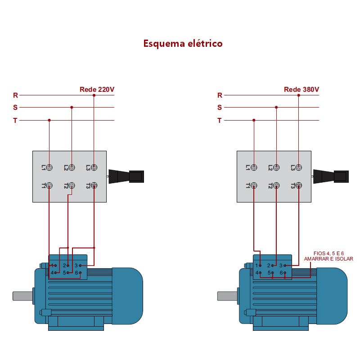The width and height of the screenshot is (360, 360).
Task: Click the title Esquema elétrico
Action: tap(183, 44)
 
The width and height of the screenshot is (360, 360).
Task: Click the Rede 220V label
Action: tap(97, 90)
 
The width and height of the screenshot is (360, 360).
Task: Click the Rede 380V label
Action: tap(301, 90)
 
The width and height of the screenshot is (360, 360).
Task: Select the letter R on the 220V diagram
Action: tap(15, 95)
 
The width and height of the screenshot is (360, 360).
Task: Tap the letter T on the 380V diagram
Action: tap(220, 121)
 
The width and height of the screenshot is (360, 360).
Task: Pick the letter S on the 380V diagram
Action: tap(220, 108)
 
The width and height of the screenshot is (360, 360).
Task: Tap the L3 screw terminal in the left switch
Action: tap(94, 167)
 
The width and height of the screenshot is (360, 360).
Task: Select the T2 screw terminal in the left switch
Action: tap(72, 185)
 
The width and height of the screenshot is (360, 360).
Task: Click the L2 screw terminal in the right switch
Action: tap(276, 167)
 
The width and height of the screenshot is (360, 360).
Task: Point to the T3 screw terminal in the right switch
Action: tap(299, 185)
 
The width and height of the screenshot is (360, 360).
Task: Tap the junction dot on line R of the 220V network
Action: tap(94, 95)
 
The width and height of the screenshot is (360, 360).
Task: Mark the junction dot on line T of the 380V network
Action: tap(254, 120)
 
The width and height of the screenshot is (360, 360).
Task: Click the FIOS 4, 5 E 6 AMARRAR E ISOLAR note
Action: tap(328, 256)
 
